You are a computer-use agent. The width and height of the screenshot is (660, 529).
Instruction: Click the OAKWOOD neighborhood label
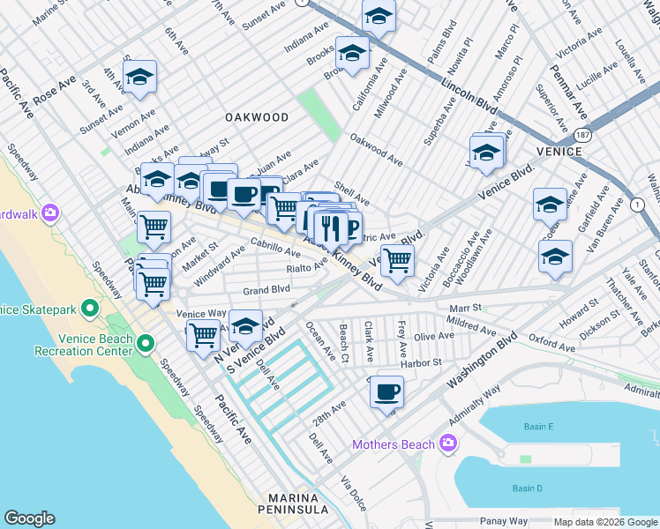[257, 117]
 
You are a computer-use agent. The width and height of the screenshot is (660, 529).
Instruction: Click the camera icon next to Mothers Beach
[449, 443]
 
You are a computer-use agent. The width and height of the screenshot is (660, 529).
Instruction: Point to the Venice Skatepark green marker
[89, 309]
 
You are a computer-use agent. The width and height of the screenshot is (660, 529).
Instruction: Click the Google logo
[30, 518]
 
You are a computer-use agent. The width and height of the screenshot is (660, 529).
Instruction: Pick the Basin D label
[528, 488]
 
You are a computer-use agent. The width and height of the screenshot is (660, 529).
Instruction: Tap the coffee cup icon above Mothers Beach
[386, 391]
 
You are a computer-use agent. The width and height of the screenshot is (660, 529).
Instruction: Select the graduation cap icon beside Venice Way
[245, 324]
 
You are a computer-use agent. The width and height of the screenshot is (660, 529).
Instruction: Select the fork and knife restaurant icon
[330, 227]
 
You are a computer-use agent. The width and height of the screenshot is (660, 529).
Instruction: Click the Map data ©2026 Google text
[605, 522]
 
